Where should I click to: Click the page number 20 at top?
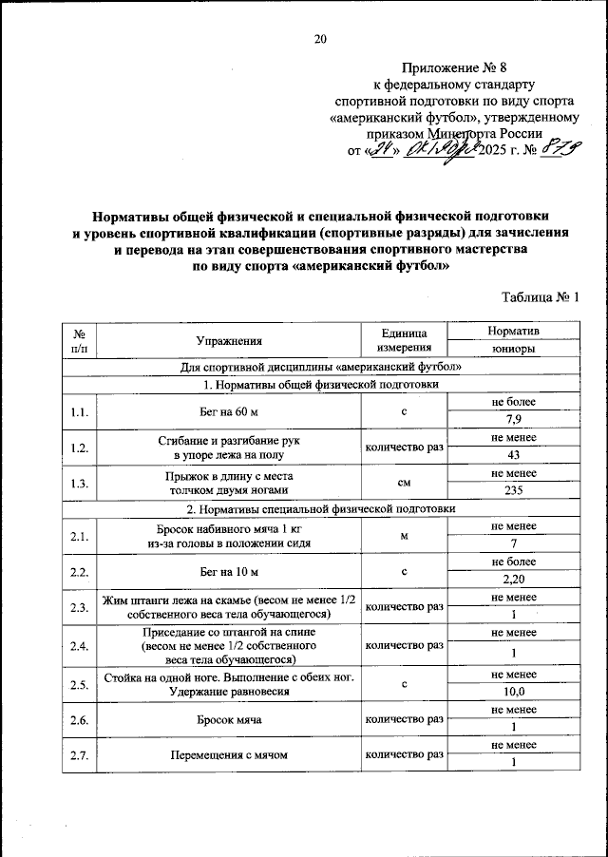[x=320, y=38]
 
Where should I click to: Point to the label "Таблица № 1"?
[x=540, y=298]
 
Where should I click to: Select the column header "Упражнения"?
[x=229, y=339]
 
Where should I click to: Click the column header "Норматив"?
[x=513, y=331]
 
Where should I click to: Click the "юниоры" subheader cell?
[x=513, y=349]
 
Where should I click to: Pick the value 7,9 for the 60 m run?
[x=513, y=419]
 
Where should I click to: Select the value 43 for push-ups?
[x=513, y=455]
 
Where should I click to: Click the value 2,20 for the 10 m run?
[x=513, y=580]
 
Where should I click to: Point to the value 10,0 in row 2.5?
[x=513, y=693]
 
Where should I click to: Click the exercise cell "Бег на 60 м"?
[x=229, y=410]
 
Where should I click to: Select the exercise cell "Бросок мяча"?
[x=229, y=720]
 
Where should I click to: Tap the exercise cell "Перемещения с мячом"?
[x=229, y=755]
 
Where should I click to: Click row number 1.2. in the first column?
[x=80, y=447]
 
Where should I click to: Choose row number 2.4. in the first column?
[x=80, y=647]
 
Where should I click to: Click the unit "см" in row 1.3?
[x=404, y=483]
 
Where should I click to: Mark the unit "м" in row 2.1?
[x=404, y=536]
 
